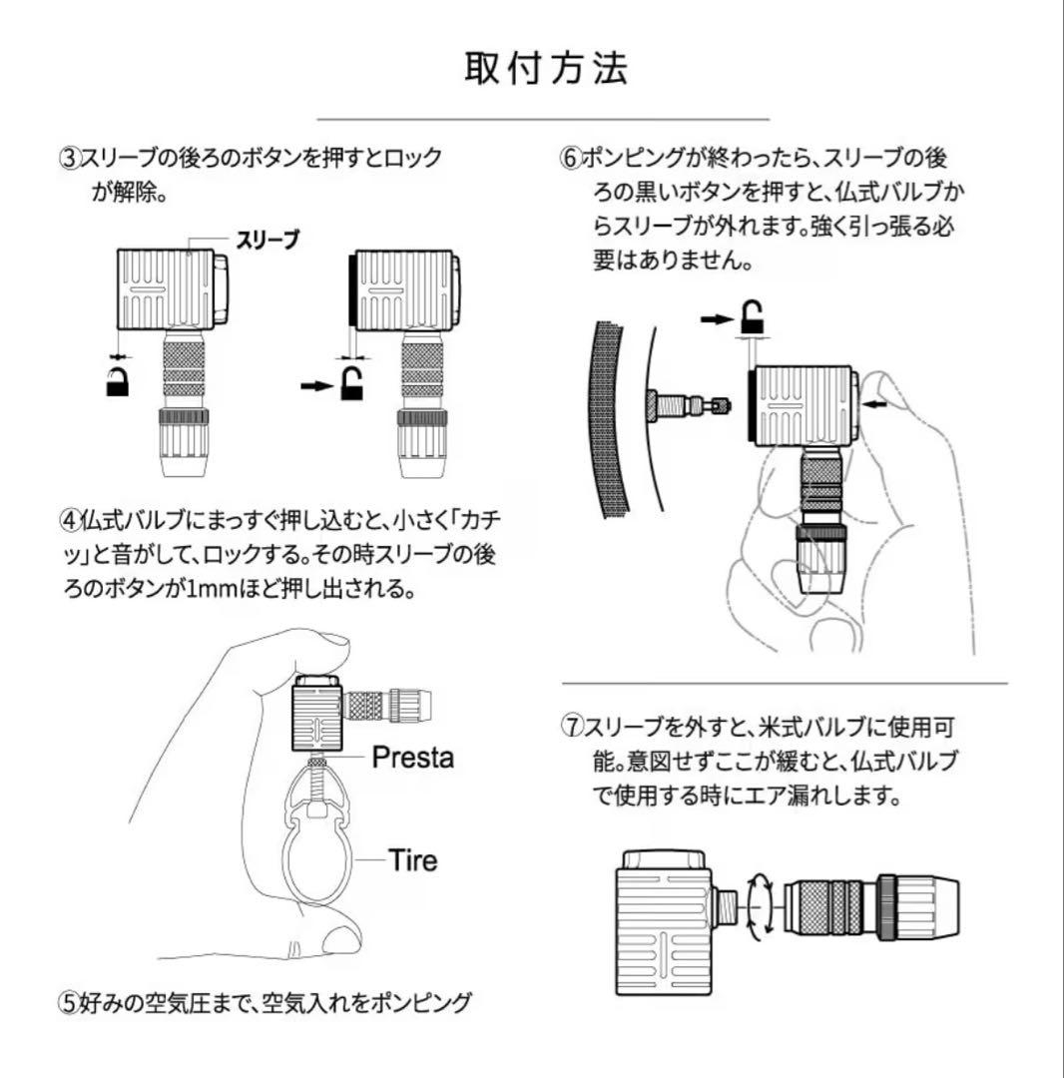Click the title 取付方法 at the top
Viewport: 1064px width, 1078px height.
tap(546, 68)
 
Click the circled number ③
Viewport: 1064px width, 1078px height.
tap(70, 159)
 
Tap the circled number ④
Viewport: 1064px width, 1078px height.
tap(70, 520)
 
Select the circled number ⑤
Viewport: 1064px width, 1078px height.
tap(70, 1003)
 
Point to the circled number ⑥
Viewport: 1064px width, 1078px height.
tap(571, 159)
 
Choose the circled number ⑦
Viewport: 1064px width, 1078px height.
tap(571, 727)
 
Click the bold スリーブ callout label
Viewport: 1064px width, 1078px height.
tap(267, 240)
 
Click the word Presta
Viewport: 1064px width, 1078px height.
tap(413, 758)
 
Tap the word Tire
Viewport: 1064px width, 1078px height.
tap(412, 860)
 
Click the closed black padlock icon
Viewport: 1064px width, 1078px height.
tap(118, 381)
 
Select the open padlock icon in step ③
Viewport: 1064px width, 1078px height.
tap(352, 383)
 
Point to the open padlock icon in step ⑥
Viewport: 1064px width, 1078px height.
tap(753, 317)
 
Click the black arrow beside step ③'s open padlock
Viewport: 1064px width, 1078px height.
tap(317, 386)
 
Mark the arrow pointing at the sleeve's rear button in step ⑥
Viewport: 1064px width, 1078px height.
tap(875, 405)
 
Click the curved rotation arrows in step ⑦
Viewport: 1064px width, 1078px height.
tap(761, 906)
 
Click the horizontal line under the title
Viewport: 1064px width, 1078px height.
tap(543, 119)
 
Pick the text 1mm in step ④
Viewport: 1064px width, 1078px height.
tap(209, 589)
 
